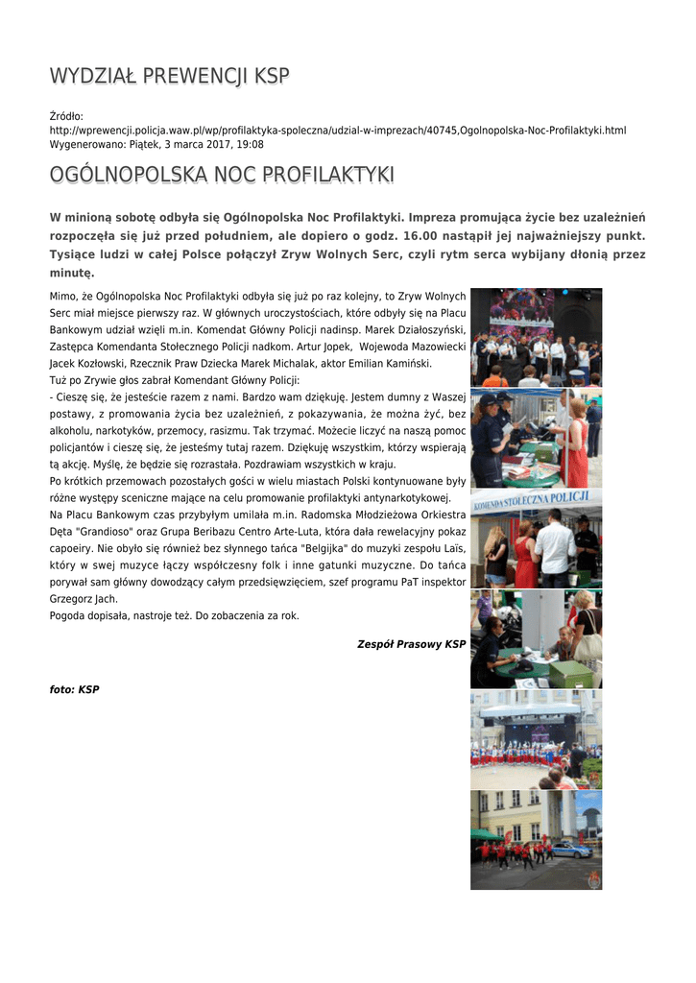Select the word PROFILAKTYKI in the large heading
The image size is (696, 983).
point(306,175)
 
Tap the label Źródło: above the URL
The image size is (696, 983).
point(66,116)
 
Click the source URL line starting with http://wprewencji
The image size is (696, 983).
point(337,130)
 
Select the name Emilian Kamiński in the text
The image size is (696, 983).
point(392,364)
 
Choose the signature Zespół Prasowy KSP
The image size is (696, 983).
point(411,644)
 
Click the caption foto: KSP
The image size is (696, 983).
point(74,689)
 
